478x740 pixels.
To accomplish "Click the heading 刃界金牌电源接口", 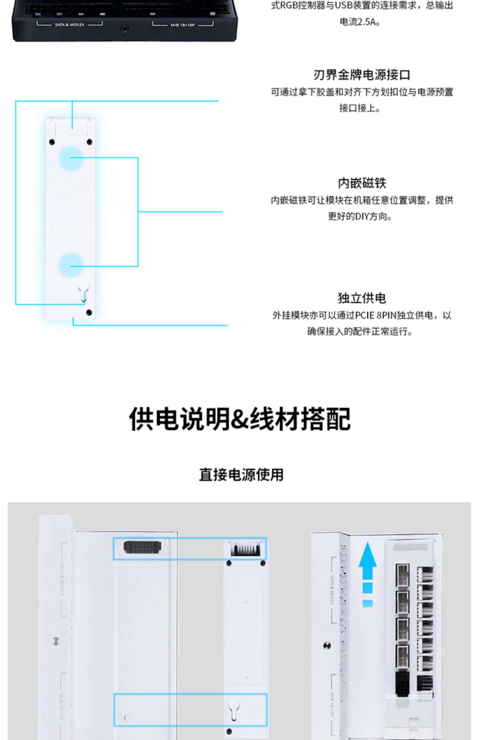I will (x=362, y=75).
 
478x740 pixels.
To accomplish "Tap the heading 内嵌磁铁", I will (x=362, y=183).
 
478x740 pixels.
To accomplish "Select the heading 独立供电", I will (x=362, y=298).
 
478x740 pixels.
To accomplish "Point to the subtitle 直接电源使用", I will (x=241, y=475).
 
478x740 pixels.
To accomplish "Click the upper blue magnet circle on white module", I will (x=70, y=158).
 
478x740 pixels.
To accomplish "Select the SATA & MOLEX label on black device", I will (x=69, y=25).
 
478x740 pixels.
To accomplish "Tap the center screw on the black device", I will (x=125, y=29).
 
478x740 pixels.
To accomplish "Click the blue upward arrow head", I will (x=367, y=556).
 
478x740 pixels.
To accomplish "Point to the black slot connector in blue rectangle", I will (x=142, y=547).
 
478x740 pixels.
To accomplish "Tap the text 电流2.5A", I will (x=359, y=22).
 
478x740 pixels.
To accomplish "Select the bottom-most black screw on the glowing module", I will (x=89, y=313).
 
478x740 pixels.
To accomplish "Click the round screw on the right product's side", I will (x=327, y=646).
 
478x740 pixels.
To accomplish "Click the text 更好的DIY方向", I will (x=359, y=216).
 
